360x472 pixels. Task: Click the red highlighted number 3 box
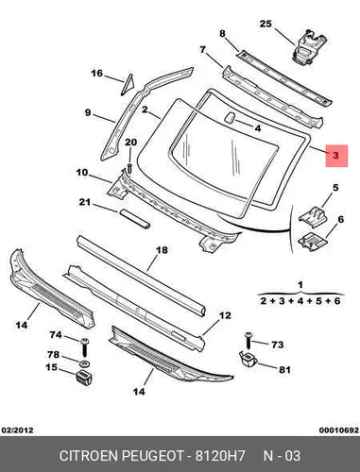(336, 156)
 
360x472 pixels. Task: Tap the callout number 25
(266, 24)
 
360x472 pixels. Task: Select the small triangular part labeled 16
(128, 84)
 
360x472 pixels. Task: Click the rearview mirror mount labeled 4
(230, 117)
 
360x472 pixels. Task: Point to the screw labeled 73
(249, 340)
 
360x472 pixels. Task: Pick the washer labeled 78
(84, 364)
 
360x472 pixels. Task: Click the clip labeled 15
(84, 378)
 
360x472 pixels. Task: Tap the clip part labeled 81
(248, 360)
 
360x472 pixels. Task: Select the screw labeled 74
(84, 347)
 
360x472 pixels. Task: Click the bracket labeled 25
(308, 46)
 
